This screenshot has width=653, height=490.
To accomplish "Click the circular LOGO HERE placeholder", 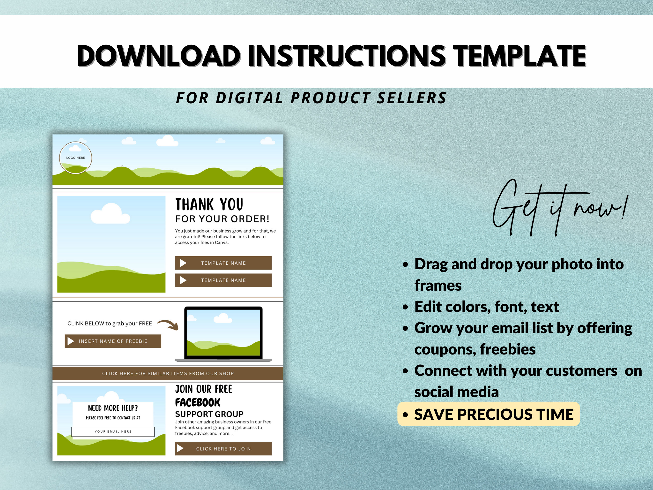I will pos(75,158).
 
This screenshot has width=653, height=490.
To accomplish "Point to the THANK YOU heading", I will pos(209,204).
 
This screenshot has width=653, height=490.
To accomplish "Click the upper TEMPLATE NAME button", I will pos(223,263).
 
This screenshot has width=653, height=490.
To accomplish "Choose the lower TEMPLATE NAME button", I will pos(223,280).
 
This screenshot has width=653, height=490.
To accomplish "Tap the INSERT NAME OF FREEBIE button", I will pos(113,341).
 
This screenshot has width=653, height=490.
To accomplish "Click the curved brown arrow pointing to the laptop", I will pos(169,324).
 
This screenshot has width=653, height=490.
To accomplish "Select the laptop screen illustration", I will pos(223,332).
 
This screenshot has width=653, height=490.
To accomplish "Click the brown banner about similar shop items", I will pos(168,373).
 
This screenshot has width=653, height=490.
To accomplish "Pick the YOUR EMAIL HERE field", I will pos(113,431).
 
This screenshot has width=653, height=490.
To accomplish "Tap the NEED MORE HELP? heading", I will pos(113,408).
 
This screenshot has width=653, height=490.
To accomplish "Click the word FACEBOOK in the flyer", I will pos(198,402).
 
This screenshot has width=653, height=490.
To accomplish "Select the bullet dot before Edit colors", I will pos(406,307).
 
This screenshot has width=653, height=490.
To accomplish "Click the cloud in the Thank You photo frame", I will pos(110,214).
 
